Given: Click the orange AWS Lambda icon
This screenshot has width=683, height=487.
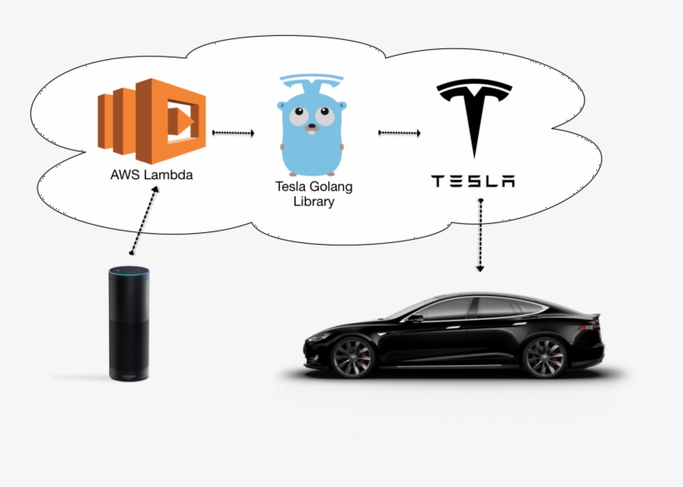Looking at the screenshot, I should click(152, 122).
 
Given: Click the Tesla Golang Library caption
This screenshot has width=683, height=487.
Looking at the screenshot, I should click(313, 194).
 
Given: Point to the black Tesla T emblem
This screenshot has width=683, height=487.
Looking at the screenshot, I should click(474, 113).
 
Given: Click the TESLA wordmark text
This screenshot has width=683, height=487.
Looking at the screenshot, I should click(473, 181).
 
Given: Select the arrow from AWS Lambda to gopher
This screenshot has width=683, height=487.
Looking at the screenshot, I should click(233, 132).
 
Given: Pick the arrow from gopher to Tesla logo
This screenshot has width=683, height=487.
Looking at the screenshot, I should click(399, 132).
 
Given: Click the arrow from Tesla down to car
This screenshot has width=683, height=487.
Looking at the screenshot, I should click(480, 236).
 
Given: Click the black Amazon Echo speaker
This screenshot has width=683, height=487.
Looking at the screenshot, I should click(129, 325).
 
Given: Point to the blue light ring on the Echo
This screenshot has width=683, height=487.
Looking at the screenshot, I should click(129, 271).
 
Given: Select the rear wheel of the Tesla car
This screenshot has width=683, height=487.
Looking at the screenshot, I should click(545, 357).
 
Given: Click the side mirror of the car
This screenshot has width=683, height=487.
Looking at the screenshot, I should click(414, 318).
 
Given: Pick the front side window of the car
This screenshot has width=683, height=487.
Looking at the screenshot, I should click(446, 310).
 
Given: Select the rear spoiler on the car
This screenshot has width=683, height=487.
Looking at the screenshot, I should click(594, 316).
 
